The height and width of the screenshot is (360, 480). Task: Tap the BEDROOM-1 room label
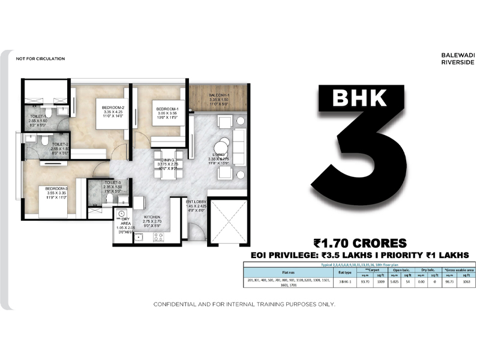click(162, 109)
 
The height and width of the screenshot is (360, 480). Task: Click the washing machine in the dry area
click(122, 214)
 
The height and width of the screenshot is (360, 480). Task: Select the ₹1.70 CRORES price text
click(360, 243)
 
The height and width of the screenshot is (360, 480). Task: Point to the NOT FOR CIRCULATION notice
click(41, 59)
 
